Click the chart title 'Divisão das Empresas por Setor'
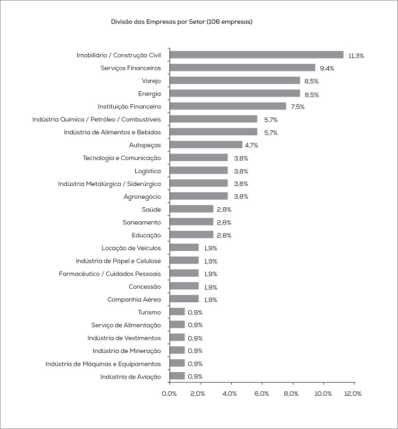pyautogui.click(x=181, y=22)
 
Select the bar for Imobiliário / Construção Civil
pyautogui.click(x=256, y=55)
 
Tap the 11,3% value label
pyautogui.click(x=356, y=55)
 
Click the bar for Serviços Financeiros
pyautogui.click(x=242, y=68)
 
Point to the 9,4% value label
pyautogui.click(x=327, y=68)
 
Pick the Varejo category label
pyautogui.click(x=151, y=81)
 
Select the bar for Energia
pyautogui.click(x=234, y=93)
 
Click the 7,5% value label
pyautogui.click(x=298, y=107)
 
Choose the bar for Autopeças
pyautogui.click(x=205, y=145)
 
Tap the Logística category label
pyautogui.click(x=148, y=171)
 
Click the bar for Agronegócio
pyautogui.click(x=198, y=197)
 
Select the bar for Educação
pyautogui.click(x=191, y=235)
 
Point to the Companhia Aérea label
pyautogui.click(x=134, y=299)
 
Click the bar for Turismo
pyautogui.click(x=177, y=312)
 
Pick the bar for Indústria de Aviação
pyautogui.click(x=177, y=376)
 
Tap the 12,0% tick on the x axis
pyautogui.click(x=353, y=394)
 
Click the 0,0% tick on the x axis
pyautogui.click(x=169, y=394)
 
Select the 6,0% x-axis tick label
pyautogui.click(x=261, y=394)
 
